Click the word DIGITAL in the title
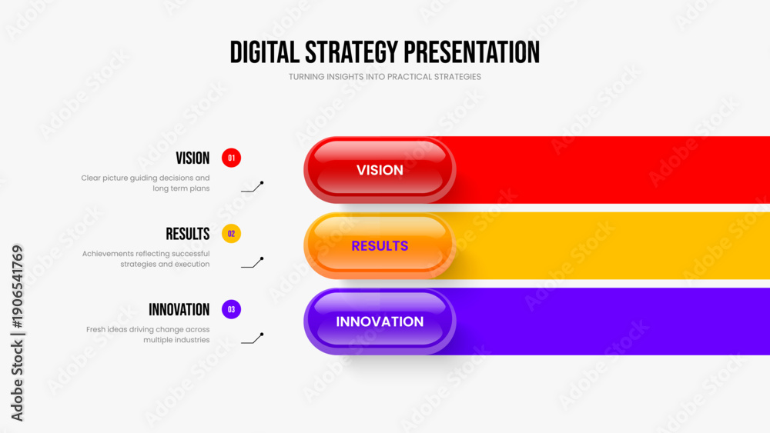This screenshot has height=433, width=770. (264, 52)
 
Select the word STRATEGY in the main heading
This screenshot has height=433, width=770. (351, 52)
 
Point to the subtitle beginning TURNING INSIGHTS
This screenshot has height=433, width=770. (384, 77)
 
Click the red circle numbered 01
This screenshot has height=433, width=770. (231, 158)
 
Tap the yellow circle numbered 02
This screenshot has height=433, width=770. (231, 234)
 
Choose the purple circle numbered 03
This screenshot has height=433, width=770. (231, 309)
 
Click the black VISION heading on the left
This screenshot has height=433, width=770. (192, 158)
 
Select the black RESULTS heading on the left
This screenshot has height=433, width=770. (188, 234)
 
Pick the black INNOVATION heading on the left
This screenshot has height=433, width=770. (179, 309)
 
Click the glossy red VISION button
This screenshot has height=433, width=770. (380, 170)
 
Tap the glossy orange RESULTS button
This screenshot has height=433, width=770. (380, 245)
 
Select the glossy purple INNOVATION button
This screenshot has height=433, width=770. (380, 321)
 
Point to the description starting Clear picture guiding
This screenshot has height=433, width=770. (146, 183)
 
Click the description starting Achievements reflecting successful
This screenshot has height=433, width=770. (146, 259)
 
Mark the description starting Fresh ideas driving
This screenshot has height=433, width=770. (148, 335)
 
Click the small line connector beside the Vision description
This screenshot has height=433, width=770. (253, 187)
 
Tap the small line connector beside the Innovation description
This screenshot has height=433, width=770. (253, 338)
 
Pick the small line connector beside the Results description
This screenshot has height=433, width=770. (253, 263)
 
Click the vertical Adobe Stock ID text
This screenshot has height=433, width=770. (17, 333)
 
